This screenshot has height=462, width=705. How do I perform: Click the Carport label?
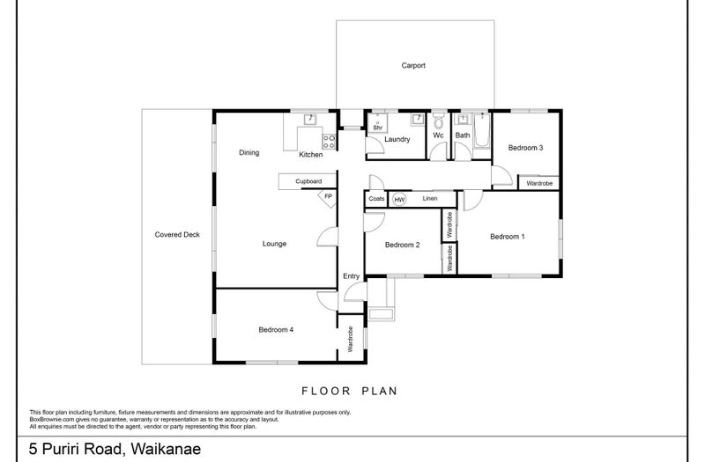(x=413, y=65)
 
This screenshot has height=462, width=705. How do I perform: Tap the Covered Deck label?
(x=177, y=234)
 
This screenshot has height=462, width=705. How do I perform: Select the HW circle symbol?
(x=399, y=200)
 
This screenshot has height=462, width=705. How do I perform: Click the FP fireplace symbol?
(x=327, y=198)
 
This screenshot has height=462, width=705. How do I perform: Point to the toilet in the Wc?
(x=438, y=121)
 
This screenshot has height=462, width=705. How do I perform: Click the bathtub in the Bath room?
(x=481, y=130)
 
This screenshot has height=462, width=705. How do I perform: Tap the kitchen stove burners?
(x=329, y=142)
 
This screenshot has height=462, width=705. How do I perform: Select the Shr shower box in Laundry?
(x=378, y=122)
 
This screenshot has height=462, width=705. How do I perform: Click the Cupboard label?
(x=308, y=181)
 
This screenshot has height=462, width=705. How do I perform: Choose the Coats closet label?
(x=376, y=199)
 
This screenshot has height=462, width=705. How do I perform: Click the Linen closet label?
(x=430, y=199)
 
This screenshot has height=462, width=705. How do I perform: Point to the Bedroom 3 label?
(x=525, y=148)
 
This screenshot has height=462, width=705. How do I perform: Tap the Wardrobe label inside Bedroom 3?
(x=539, y=183)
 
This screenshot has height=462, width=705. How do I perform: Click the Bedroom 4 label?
(x=276, y=329)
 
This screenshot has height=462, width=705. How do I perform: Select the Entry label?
(x=351, y=276)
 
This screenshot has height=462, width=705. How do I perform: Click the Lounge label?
(x=274, y=244)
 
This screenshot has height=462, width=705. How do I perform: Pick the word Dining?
(x=249, y=152)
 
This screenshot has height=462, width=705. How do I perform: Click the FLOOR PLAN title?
(x=349, y=391)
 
